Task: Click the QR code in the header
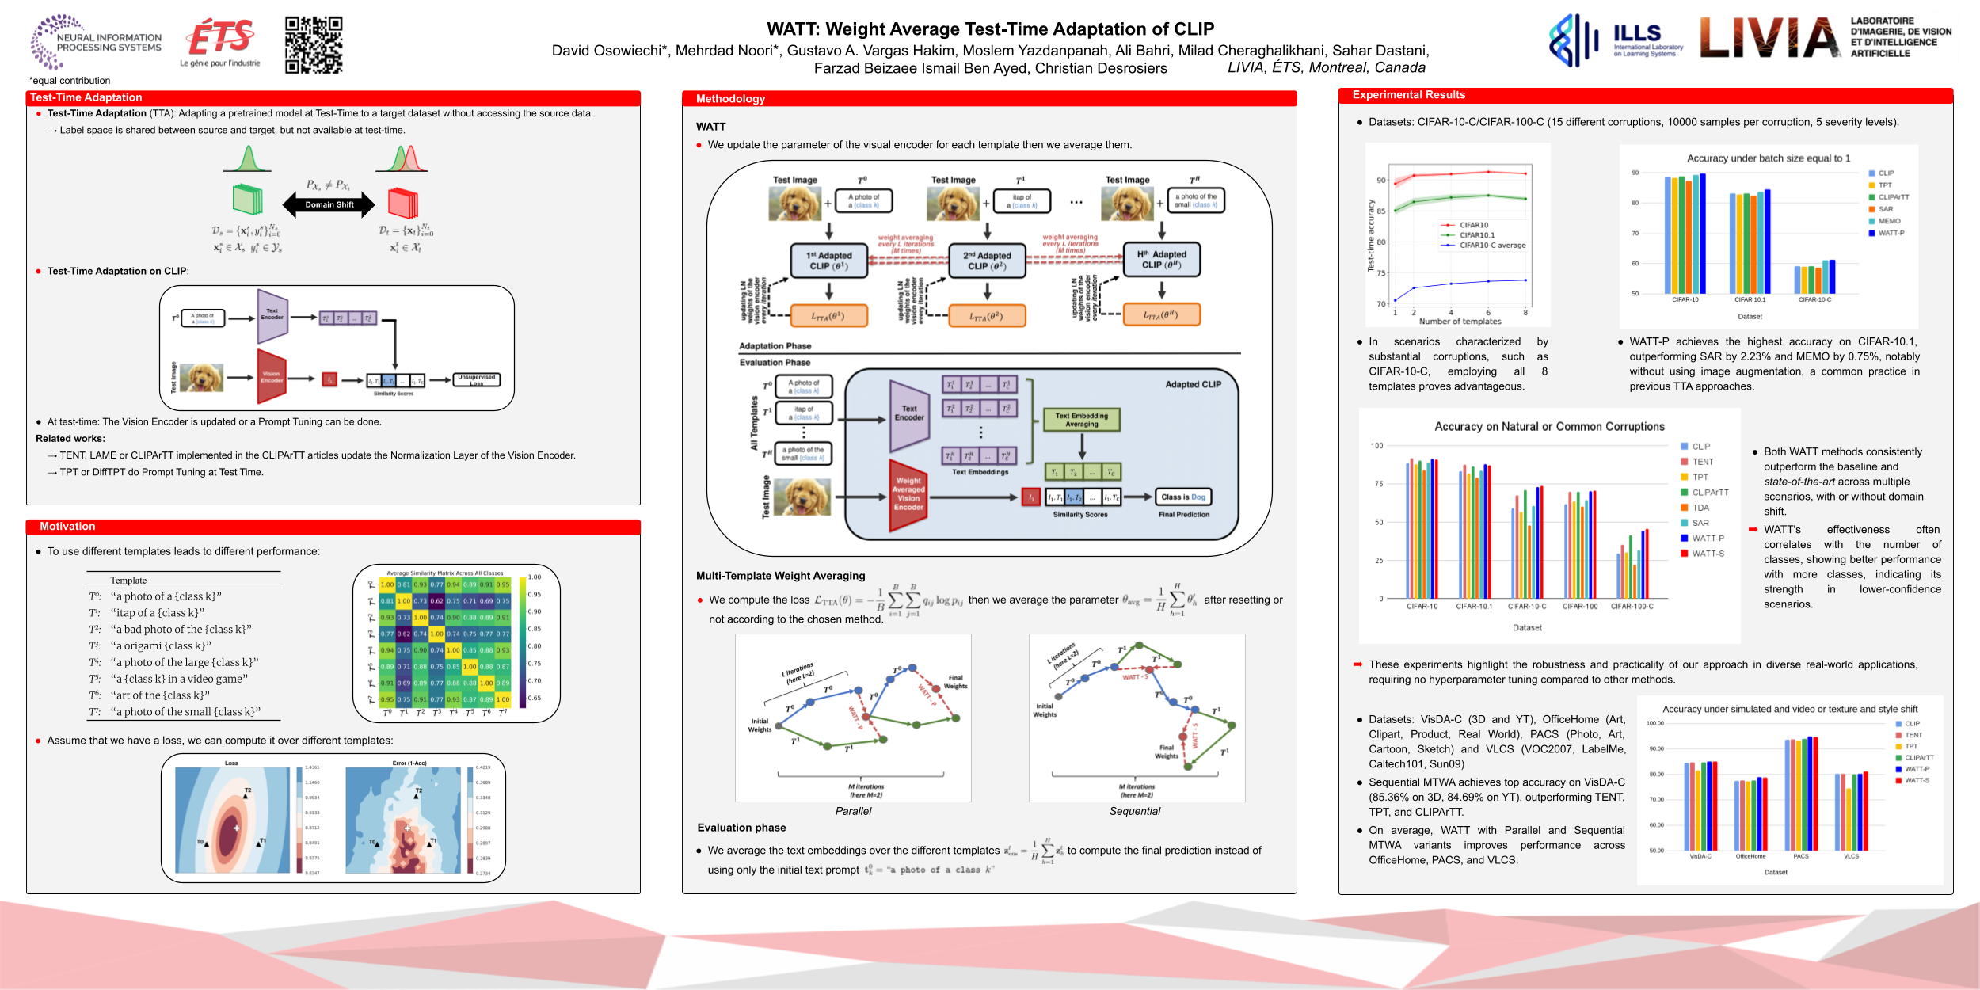(314, 45)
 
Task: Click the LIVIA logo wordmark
(1770, 38)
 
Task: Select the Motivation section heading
(67, 527)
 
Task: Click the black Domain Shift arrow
(329, 204)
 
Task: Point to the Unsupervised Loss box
(476, 379)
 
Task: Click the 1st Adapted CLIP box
(828, 261)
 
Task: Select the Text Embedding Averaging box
(1081, 420)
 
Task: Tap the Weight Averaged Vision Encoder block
(908, 493)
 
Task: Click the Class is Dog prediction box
(1183, 497)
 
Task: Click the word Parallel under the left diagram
(853, 811)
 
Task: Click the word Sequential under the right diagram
(1134, 811)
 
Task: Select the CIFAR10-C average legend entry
(1491, 246)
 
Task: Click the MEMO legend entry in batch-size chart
(1888, 221)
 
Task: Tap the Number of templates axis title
(1460, 322)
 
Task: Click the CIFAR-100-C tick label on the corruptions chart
(1632, 607)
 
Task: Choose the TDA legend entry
(1700, 508)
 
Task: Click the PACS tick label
(1800, 856)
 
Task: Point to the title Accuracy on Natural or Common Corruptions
(1549, 426)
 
